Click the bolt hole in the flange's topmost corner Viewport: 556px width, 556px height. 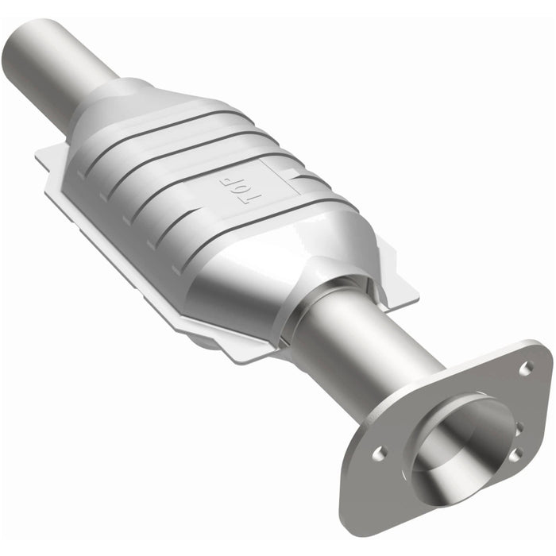[525, 367]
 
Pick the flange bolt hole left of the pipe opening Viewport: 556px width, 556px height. [380, 454]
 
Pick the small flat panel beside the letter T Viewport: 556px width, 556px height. [274, 171]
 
